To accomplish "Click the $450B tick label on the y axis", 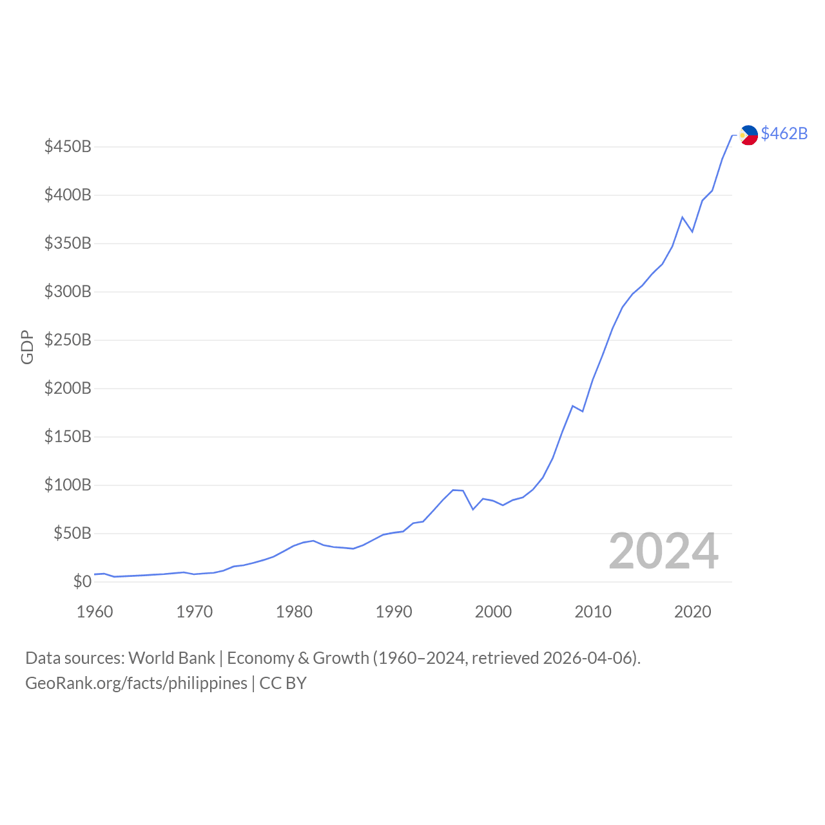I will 68,147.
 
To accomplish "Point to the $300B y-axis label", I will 68,292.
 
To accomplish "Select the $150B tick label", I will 68,437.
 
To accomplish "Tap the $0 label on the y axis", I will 82,582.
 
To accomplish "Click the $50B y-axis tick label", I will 72,534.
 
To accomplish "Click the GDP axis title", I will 27,347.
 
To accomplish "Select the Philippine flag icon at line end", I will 748,135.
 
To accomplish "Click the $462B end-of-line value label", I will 784,133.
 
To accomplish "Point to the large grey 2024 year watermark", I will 663,552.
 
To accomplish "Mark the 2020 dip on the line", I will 692,231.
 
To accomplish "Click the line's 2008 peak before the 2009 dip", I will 572,406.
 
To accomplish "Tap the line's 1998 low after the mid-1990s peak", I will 473,509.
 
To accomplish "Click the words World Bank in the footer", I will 171,658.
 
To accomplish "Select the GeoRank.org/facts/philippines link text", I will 136,683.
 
